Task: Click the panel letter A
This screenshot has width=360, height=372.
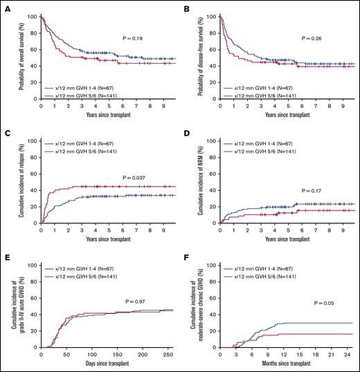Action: [x=6, y=7]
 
